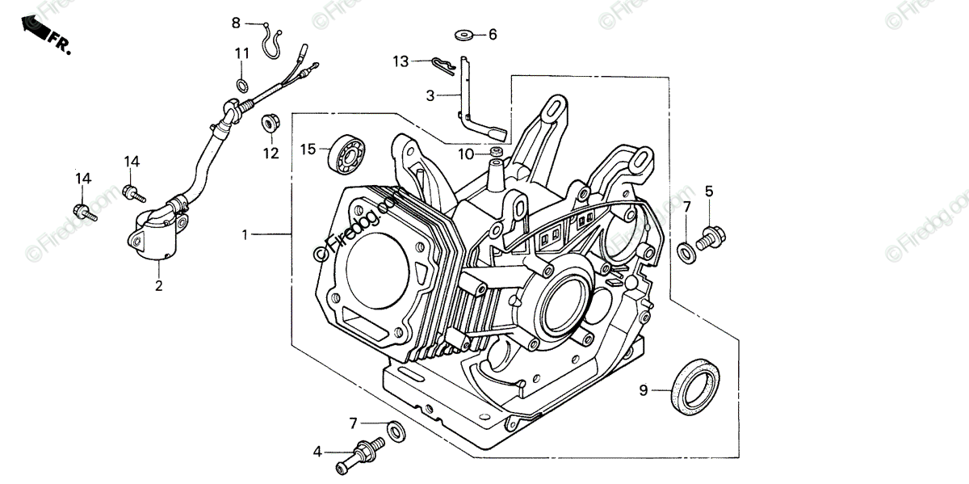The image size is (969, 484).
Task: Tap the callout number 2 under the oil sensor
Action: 159,285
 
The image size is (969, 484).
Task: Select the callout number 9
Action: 644,391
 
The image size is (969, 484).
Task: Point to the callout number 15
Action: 307,149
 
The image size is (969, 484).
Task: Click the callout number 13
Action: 401,61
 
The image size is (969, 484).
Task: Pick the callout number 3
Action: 430,95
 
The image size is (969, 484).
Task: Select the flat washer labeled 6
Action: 464,35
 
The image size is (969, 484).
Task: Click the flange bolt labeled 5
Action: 711,235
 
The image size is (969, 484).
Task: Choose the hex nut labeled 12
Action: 269,124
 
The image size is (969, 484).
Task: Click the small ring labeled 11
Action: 242,84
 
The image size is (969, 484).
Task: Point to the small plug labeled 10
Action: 496,153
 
